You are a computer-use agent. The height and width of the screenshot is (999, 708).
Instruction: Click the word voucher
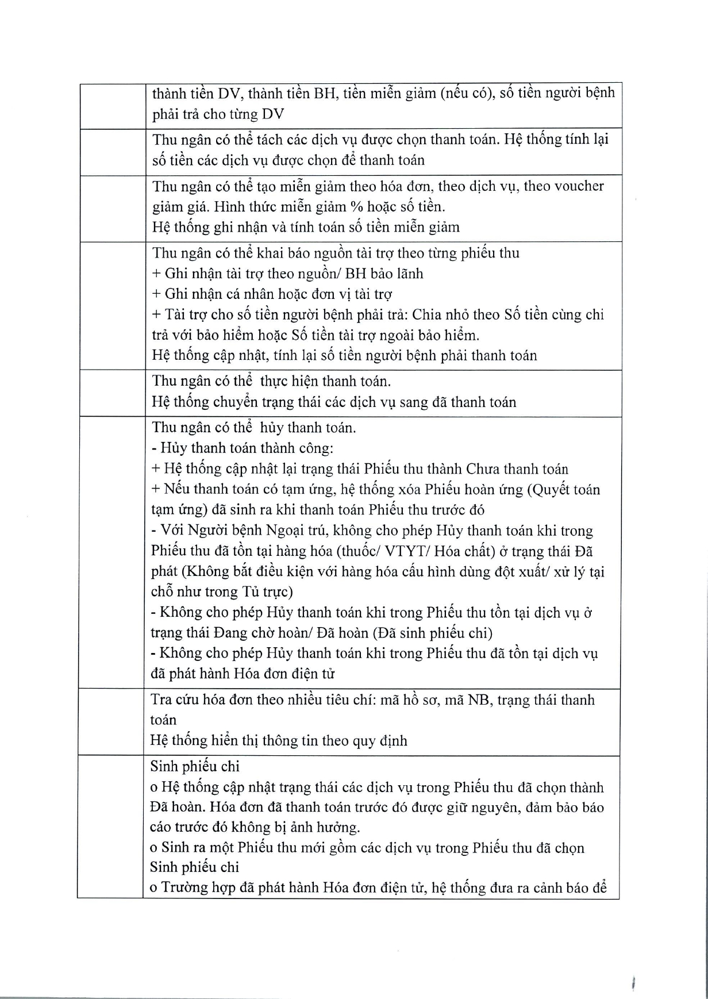point(576,186)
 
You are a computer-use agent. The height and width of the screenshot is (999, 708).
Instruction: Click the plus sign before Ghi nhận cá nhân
point(156,294)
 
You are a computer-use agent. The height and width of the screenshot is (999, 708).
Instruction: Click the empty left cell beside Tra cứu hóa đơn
point(110,721)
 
